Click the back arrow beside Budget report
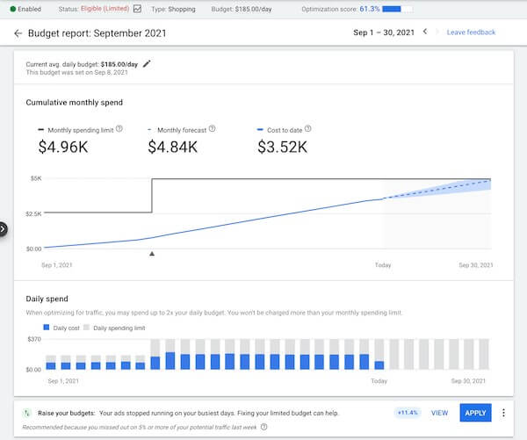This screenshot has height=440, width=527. point(18,33)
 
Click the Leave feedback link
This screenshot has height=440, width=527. point(471,32)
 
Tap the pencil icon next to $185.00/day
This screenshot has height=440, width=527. point(147,63)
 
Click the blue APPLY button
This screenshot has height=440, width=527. point(475,413)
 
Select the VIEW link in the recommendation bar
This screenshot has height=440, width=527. point(439,413)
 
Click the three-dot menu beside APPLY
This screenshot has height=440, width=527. point(503,413)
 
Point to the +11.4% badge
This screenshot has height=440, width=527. point(408,413)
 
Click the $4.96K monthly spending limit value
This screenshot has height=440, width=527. point(62,147)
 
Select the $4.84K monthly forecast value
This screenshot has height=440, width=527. point(172,147)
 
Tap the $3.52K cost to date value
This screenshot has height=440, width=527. point(282,147)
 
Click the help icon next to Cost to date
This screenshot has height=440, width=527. point(307,129)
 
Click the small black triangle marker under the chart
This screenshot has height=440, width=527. point(152,254)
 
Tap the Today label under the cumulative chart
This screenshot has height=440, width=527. point(383,265)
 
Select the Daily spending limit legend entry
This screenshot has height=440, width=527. point(114,328)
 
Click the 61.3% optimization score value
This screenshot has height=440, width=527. point(368,8)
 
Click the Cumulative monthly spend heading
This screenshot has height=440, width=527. point(75,103)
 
